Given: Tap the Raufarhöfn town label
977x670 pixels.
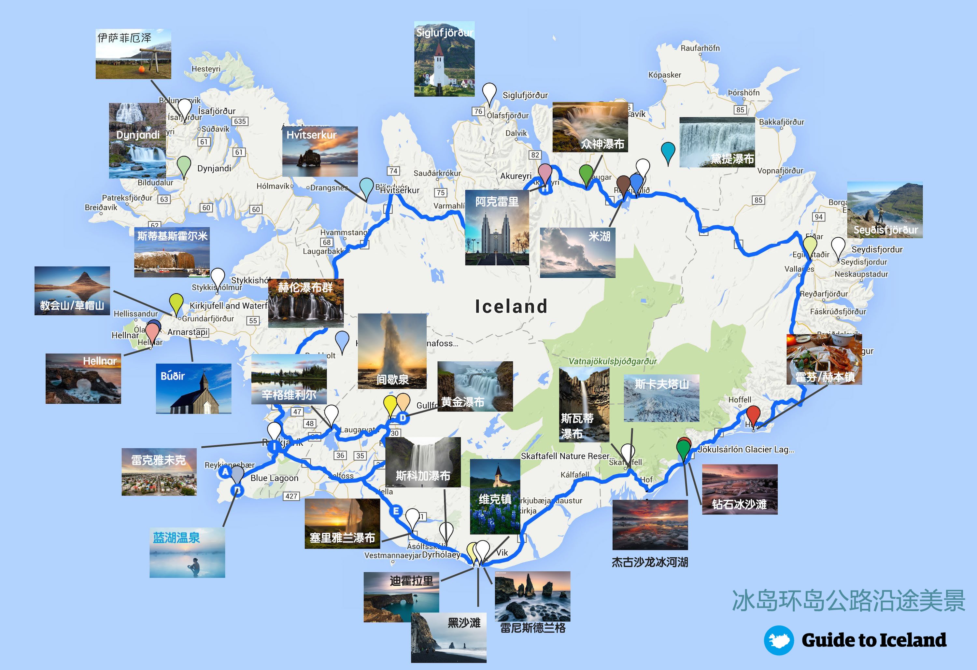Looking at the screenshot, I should click(700, 48).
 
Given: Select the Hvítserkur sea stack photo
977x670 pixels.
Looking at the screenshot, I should click(320, 151).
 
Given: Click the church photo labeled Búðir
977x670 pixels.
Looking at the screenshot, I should click(193, 388).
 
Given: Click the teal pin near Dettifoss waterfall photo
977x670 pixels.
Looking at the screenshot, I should click(668, 151).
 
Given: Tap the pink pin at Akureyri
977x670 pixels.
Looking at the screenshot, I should click(545, 173).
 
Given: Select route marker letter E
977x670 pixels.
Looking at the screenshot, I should click(396, 511).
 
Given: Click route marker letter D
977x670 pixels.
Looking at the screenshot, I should click(403, 418).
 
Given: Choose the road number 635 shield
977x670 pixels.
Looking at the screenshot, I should click(240, 121).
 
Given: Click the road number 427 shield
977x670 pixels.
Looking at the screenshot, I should click(291, 496).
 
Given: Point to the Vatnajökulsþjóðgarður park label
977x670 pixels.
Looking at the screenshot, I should click(613, 361).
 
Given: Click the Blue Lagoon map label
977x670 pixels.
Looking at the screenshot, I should click(275, 478).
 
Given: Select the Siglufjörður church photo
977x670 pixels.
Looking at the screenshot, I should click(444, 59).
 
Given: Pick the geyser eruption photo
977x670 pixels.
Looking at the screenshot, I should click(392, 351).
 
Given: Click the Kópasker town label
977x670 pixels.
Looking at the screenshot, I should click(665, 75).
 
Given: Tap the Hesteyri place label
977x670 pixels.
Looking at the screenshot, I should click(206, 68).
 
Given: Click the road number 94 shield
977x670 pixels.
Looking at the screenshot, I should click(818, 217).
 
